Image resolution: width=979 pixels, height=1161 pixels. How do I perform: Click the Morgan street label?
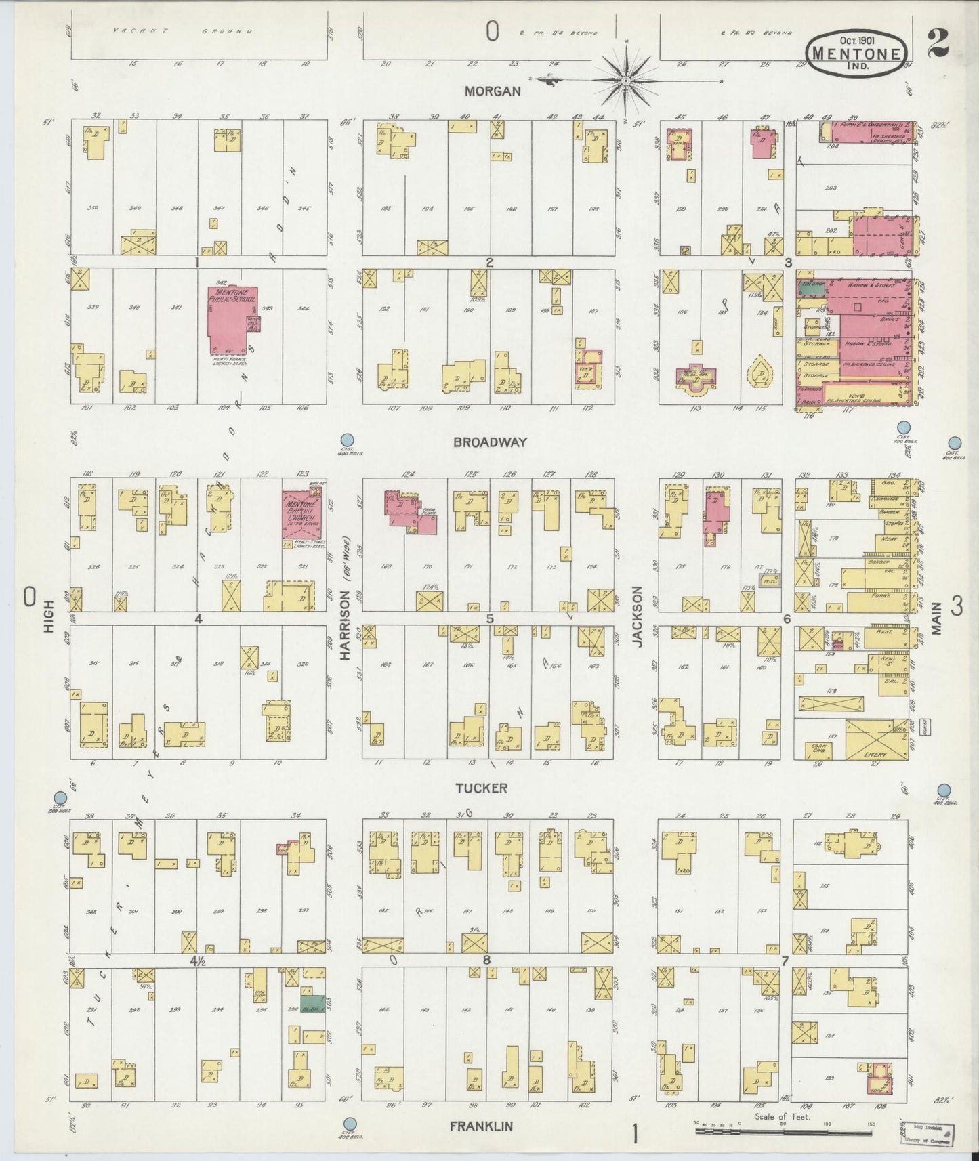pos(493,91)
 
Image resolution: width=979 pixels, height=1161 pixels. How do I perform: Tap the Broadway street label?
pos(490,442)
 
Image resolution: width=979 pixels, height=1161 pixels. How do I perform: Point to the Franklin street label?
pos(482,1126)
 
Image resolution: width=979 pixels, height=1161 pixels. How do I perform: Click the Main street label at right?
pos(937,618)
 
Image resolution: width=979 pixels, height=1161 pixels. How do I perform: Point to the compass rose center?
pos(627,81)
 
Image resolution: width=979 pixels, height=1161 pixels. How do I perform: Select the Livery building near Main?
pos(876,740)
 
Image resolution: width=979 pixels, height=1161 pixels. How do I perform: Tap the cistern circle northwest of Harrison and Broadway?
pos(348,440)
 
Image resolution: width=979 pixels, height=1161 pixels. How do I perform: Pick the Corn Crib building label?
pos(818,749)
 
